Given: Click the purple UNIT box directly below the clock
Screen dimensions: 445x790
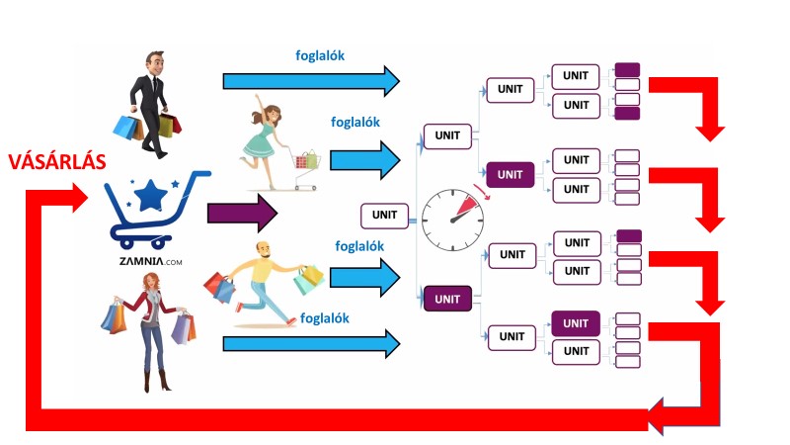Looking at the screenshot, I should (447, 298).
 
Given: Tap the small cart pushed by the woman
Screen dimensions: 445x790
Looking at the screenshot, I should (307, 164).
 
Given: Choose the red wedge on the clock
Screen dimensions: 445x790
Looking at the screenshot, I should (467, 205).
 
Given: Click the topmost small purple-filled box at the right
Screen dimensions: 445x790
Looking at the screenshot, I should (627, 70).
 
